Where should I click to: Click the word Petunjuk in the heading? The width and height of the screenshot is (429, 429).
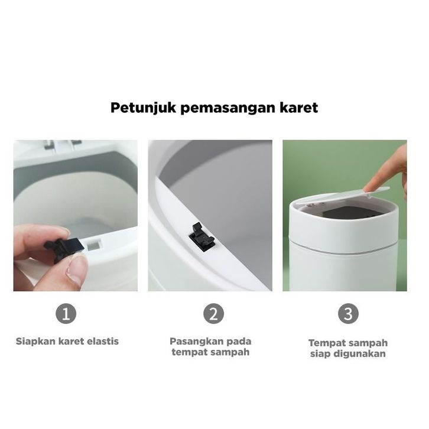(x=144, y=108)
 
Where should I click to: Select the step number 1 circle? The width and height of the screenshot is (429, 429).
(x=66, y=314)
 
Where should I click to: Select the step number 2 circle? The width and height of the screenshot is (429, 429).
(x=213, y=314)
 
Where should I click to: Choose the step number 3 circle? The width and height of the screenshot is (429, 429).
(x=348, y=314)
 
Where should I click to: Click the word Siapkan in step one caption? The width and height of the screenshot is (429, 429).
(x=36, y=342)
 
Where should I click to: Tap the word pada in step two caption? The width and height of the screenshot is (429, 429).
(x=239, y=341)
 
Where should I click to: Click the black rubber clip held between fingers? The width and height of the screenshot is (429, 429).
(x=65, y=248)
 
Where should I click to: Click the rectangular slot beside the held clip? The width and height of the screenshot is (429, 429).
(x=93, y=245)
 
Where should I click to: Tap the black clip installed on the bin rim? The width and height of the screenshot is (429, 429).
(x=202, y=238)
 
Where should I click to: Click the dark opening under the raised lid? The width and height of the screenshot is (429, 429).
(x=344, y=213)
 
